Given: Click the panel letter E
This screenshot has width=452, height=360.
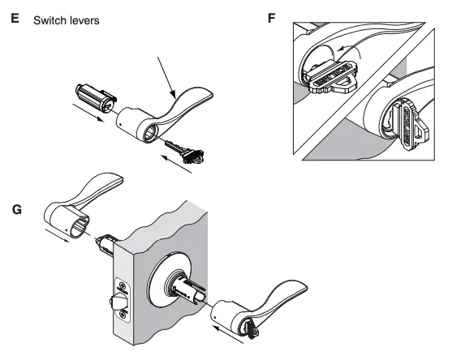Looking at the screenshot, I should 13,16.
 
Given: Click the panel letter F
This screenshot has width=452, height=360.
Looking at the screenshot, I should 272,16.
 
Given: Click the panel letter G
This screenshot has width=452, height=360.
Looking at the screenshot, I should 13,208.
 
